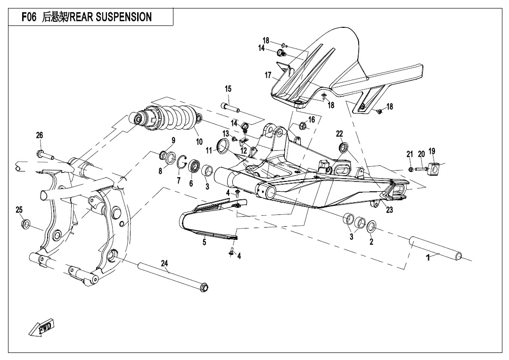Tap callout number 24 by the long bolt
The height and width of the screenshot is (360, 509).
click(x=164, y=263)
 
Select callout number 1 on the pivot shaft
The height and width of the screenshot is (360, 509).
click(x=428, y=258)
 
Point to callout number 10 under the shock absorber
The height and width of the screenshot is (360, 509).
click(x=199, y=141)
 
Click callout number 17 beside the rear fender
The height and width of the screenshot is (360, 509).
click(x=268, y=75)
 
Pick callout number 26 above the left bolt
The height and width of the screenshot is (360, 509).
click(x=40, y=135)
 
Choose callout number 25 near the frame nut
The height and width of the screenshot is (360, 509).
click(x=19, y=210)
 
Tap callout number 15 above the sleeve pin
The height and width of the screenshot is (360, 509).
click(x=228, y=89)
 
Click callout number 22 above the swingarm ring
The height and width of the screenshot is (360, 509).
click(x=339, y=134)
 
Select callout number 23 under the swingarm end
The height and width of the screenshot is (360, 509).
click(x=389, y=210)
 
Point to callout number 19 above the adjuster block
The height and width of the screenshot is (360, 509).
click(x=432, y=151)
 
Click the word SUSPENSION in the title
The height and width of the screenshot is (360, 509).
click(x=124, y=17)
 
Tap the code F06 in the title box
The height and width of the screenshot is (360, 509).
click(x=31, y=17)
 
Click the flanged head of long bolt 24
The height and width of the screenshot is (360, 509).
click(x=204, y=287)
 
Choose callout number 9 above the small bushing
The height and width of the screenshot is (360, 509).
click(x=173, y=140)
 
